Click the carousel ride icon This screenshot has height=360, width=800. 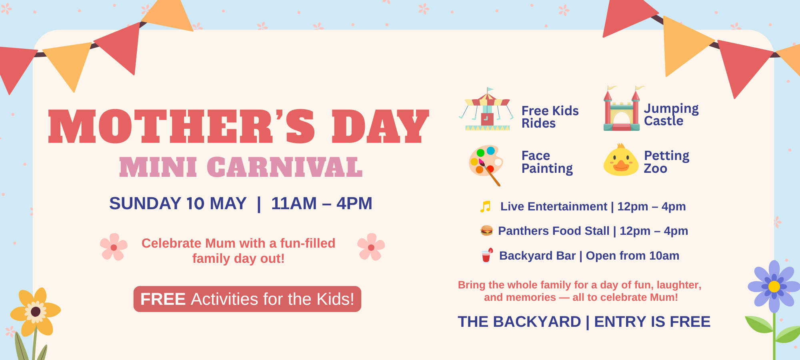coord(486,110)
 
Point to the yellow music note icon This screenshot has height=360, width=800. coord(485,206)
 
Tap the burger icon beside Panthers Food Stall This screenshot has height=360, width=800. coord(486,230)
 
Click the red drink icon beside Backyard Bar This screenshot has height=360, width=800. coord(487,256)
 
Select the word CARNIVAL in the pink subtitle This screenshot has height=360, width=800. coord(285,167)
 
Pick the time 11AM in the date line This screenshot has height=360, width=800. coord(294,204)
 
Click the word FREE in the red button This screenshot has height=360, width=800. coord(163,299)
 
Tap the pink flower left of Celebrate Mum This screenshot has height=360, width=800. coord(114,247)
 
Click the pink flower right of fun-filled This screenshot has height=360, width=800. coord(371,247)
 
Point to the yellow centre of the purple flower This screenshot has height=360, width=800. coord(774,286)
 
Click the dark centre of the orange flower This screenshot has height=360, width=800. coord(36,312)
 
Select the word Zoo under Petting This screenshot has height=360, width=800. coord(655,169)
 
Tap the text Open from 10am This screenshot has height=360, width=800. coord(632,256)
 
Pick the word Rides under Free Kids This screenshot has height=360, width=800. coord(538,124)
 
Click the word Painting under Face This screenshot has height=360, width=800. coord(547,169)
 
